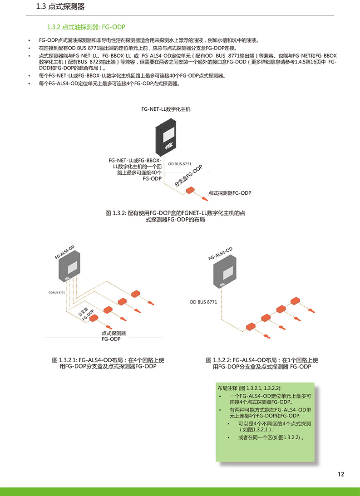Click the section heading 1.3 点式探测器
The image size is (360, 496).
tap(60, 7)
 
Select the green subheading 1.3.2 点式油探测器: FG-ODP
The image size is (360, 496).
tap(86, 27)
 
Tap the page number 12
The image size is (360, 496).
tap(340, 474)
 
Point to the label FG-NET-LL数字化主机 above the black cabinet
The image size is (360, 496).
tap(166, 109)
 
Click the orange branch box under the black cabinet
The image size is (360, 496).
tap(190, 190)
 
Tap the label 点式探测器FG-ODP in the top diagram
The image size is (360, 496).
tap(230, 193)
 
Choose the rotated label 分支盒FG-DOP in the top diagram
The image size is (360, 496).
tap(188, 176)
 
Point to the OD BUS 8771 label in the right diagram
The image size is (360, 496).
tap(203, 302)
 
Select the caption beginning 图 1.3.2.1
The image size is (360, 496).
tap(108, 363)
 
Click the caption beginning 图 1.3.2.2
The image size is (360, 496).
tap(262, 363)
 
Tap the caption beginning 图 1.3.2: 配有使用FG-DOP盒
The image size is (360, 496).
tap(175, 216)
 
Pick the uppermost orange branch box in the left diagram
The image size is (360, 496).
tap(136, 293)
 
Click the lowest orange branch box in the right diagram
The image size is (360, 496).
tap(251, 326)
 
